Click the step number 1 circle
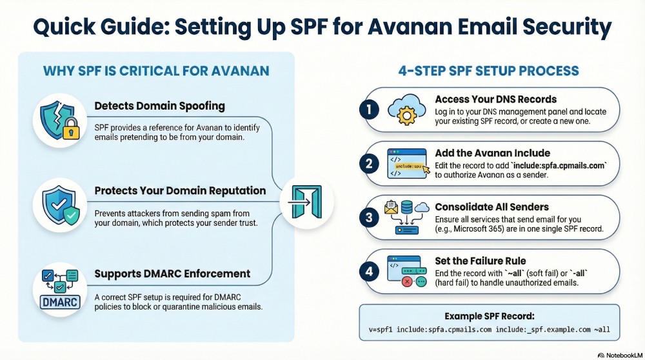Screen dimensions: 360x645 click(369, 110)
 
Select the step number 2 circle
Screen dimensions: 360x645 click(369, 164)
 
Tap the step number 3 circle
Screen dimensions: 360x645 click(369, 217)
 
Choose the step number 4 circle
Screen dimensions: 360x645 click(369, 272)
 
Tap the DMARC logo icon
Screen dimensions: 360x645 click(59, 288)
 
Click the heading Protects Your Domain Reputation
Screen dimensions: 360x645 click(180, 190)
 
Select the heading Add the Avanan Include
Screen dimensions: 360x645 click(492, 153)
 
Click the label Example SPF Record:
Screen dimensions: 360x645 click(489, 317)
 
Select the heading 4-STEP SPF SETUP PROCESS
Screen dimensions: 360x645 click(489, 71)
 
